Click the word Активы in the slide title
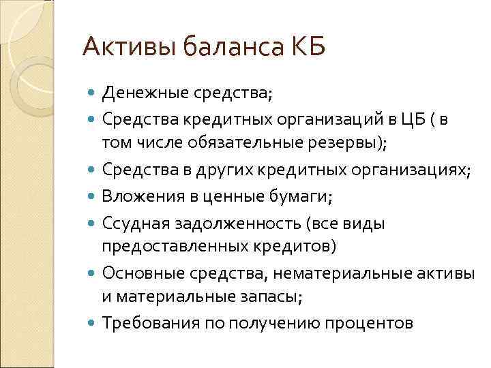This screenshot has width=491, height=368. tap(122, 48)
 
